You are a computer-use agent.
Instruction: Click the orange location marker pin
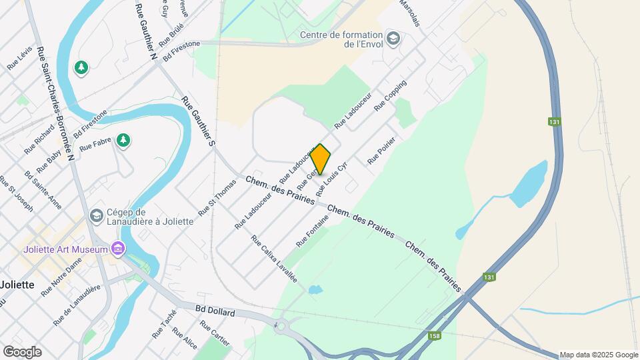(x=321, y=159)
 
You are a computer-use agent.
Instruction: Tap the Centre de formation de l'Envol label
(x=341, y=39)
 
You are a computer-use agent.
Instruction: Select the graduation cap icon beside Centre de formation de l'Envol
(x=393, y=38)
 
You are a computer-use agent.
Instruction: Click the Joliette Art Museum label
(x=65, y=249)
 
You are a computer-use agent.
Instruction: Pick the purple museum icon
(x=118, y=249)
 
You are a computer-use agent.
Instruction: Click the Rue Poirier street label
(x=382, y=151)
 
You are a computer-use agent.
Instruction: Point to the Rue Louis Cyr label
(x=332, y=179)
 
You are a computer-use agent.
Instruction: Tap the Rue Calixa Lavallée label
(x=274, y=258)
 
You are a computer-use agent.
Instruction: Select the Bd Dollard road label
(x=215, y=311)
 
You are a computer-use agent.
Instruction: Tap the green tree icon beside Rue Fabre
(x=123, y=139)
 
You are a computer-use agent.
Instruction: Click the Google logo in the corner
(x=22, y=351)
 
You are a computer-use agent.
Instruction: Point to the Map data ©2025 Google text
(x=598, y=355)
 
